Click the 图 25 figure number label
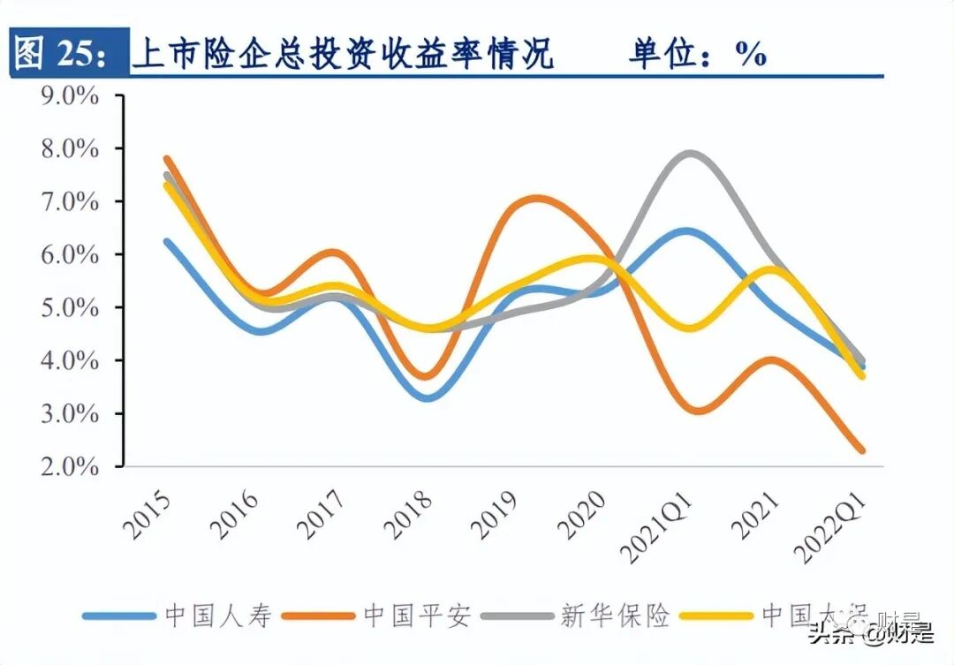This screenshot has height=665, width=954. tap(62, 54)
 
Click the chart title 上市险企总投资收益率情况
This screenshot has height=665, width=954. tap(343, 54)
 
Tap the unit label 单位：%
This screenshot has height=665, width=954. tap(697, 54)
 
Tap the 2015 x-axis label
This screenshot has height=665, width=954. tap(147, 513)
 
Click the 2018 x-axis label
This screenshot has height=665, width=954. tap(408, 513)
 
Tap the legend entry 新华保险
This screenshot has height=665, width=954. tap(616, 616)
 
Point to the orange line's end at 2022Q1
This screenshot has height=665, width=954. tap(861, 450)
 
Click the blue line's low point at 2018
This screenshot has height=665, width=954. tap(428, 397)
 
